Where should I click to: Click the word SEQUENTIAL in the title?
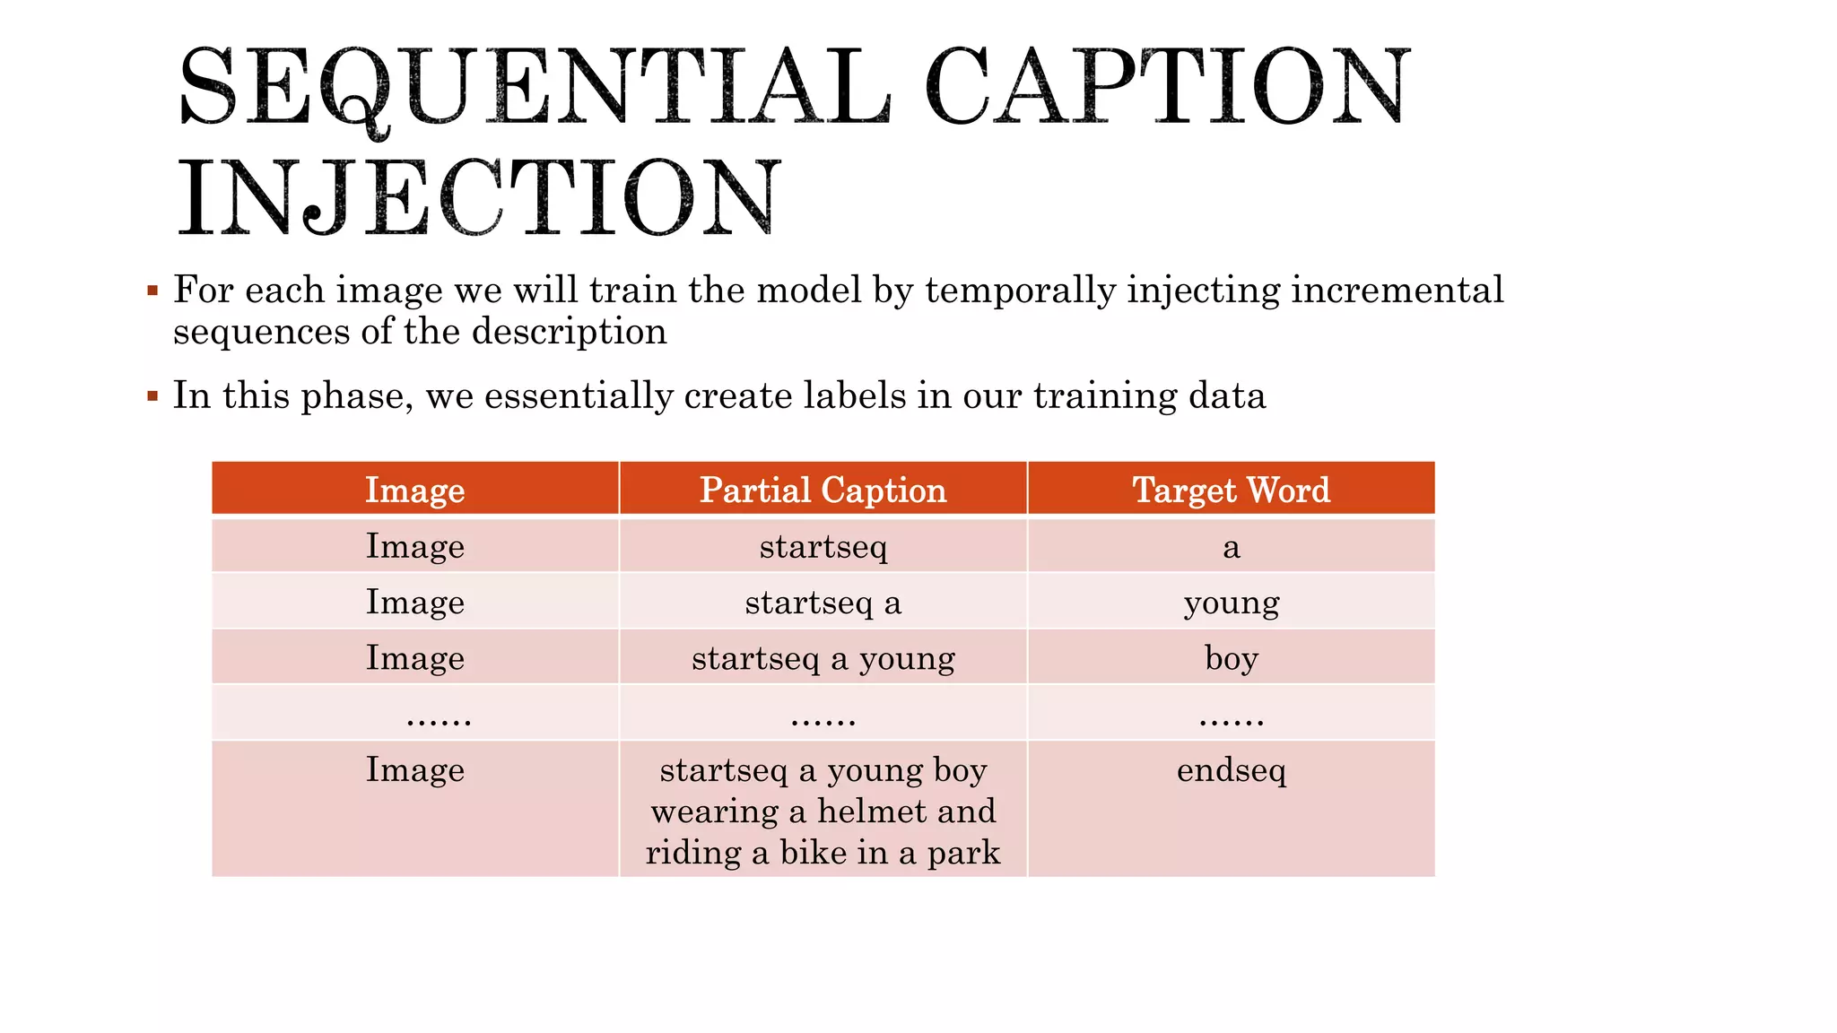tap(534, 88)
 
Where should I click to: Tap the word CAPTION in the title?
tap(1167, 86)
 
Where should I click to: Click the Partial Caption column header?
tap(823, 490)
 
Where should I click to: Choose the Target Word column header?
tap(1231, 490)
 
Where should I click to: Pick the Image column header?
tap(414, 490)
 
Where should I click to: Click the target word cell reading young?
tap(1231, 602)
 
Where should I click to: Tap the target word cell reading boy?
tap(1231, 658)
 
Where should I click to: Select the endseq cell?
tap(1231, 770)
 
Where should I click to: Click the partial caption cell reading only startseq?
tap(823, 546)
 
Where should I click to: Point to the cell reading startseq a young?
tap(823, 658)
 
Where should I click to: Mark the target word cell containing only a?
tap(1231, 547)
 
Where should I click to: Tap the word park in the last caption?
tap(963, 853)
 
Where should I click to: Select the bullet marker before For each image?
tap(152, 291)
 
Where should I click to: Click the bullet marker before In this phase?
tap(152, 395)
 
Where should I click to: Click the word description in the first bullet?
tap(569, 332)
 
